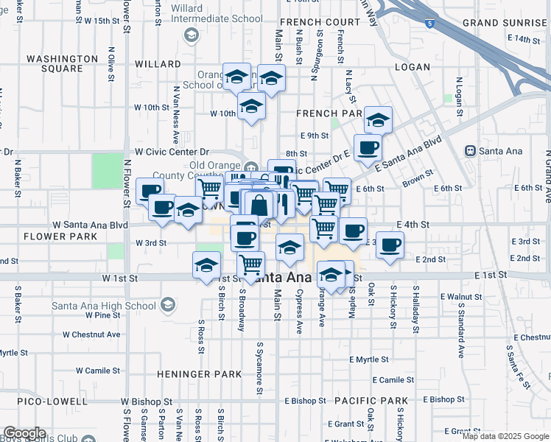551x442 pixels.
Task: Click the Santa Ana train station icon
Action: coord(470,151)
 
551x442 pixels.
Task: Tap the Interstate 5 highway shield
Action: coord(429,24)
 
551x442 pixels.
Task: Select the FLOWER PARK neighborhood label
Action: coord(60,236)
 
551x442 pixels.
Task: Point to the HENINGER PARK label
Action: coord(199,374)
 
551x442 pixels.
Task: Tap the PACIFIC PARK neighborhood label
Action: coord(371,400)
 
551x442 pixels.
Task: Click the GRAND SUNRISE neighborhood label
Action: coord(505,23)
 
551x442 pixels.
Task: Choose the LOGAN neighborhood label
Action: coord(412,67)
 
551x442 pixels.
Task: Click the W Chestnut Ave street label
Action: coord(91,334)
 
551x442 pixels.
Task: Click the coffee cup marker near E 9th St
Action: coord(368,147)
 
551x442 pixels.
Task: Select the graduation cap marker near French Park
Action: coord(378,119)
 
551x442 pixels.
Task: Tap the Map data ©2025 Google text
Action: coord(505,436)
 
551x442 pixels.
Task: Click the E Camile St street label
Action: coord(393,380)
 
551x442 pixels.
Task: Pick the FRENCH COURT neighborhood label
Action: coord(318,23)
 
